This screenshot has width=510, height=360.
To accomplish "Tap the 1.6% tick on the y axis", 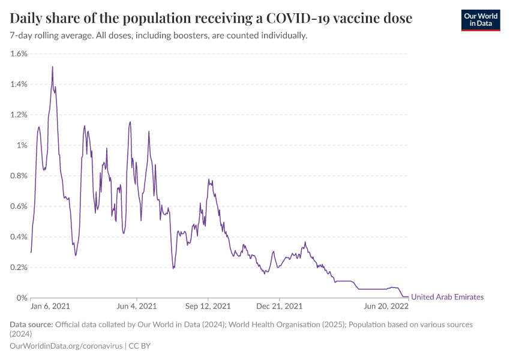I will [x=19, y=53].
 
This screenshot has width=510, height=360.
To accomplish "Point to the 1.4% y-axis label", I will [x=19, y=84].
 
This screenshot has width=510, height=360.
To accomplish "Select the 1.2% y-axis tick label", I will [x=19, y=115].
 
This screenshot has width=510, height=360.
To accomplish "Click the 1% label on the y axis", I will [x=22, y=145].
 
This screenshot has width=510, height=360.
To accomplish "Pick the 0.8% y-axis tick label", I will [x=19, y=176].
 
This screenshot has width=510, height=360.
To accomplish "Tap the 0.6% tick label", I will [x=19, y=206].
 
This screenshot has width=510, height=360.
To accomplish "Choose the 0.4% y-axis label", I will [x=19, y=236].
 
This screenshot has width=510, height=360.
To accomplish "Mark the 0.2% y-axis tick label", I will [x=19, y=267].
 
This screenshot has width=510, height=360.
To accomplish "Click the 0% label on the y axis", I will [x=22, y=298].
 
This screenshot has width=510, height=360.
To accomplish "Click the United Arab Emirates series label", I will [x=447, y=297].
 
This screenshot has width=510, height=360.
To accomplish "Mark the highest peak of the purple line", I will [x=52, y=67].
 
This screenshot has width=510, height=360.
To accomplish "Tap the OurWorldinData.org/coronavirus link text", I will [x=66, y=346].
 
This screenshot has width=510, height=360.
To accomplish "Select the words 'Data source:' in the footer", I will [x=31, y=325].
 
